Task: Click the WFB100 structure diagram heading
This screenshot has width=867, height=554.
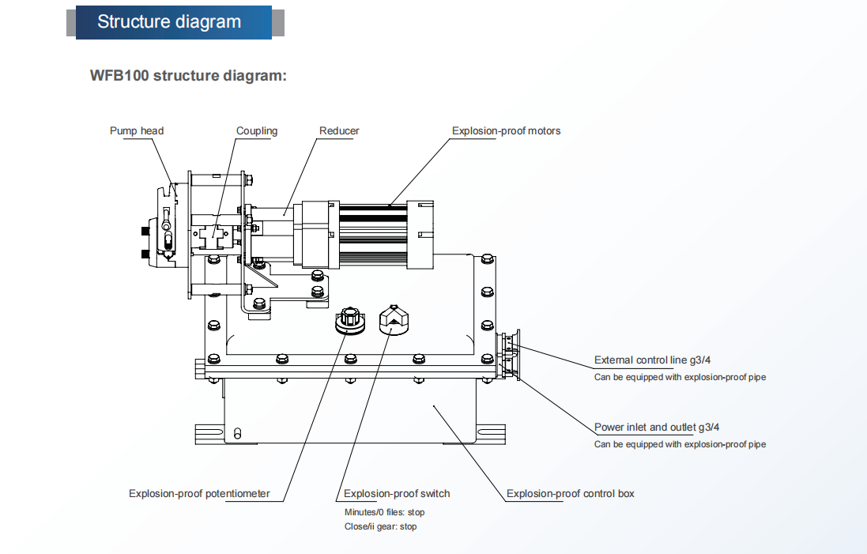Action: click(x=189, y=75)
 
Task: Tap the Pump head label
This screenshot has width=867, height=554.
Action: click(x=137, y=130)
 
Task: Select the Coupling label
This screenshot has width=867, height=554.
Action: click(x=257, y=130)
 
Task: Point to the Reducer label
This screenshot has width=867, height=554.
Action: click(x=339, y=130)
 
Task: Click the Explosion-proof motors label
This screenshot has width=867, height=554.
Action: click(x=506, y=130)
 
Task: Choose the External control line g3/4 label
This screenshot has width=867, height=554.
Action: click(x=653, y=360)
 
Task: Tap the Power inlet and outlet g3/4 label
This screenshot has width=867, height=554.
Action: click(x=657, y=427)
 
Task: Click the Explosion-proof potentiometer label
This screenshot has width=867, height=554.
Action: click(x=199, y=493)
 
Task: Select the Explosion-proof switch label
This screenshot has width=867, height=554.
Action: click(x=397, y=493)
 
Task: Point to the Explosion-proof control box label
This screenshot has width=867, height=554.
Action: click(x=570, y=493)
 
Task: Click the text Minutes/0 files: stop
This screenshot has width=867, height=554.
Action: click(x=384, y=512)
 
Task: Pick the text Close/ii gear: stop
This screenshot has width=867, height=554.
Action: click(x=380, y=526)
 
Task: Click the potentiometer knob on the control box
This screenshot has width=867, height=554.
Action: click(x=350, y=320)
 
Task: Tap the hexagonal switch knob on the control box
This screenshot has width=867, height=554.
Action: click(x=393, y=319)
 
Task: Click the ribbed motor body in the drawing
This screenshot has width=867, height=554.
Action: click(x=373, y=235)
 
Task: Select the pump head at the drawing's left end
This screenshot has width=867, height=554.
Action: click(x=160, y=228)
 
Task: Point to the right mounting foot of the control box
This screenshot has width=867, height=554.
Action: click(x=491, y=434)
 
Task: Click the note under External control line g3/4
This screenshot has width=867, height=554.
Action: click(x=680, y=377)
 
